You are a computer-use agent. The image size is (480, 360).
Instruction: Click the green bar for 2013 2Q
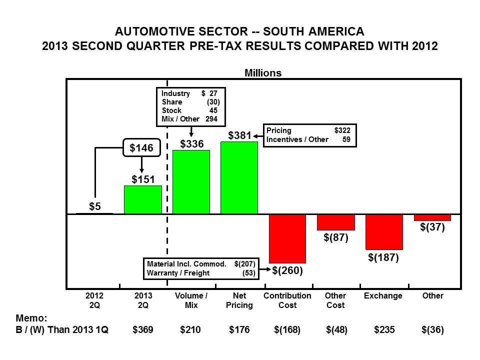pos(142,200)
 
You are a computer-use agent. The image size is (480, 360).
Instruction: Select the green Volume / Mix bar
pos(191,182)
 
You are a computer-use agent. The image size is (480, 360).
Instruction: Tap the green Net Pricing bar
pos(239,178)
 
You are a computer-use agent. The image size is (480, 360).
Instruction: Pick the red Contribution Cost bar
pos(287,238)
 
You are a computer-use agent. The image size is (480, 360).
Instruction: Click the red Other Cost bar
pos(335,222)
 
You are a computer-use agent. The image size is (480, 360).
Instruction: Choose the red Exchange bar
pos(383,231)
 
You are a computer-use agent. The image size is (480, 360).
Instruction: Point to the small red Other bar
pos(432,217)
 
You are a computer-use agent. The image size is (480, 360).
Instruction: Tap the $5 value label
pos(94,206)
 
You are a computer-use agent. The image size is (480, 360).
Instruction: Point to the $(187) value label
pos(383,257)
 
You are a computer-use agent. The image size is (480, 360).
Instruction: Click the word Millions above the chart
pos(262,73)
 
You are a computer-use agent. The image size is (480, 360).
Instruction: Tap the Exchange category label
pos(383,295)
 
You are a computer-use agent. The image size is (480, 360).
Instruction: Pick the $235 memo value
pos(383,330)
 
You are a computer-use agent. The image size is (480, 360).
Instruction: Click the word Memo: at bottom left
pos(31,317)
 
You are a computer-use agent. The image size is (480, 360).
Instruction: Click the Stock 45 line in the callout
pos(190,110)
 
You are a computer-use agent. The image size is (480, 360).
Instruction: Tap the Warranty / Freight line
pos(200,273)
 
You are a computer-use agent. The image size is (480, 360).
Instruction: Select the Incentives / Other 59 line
pos(308,139)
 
